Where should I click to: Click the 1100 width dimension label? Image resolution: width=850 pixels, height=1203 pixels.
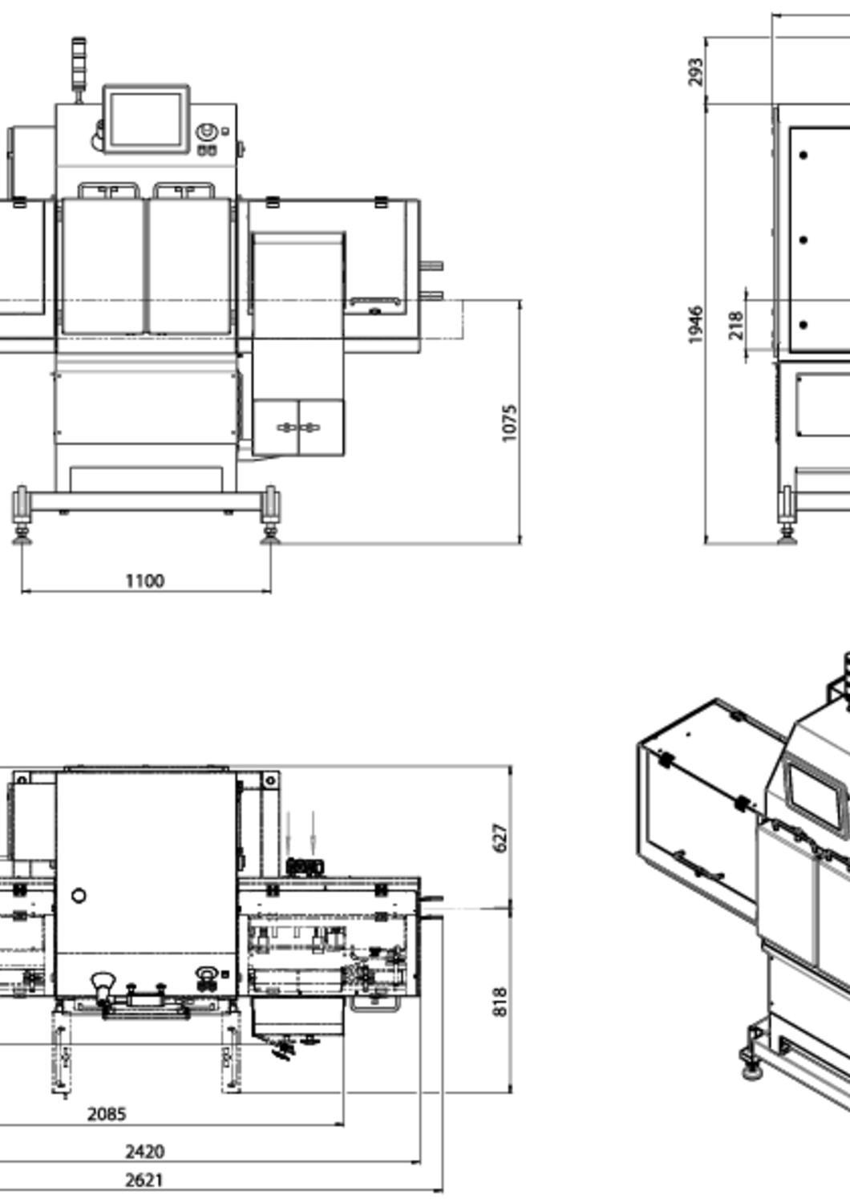pos(145,581)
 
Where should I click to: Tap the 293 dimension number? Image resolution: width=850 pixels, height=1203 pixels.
pos(695,72)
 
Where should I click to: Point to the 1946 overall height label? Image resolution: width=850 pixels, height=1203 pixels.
pos(695,324)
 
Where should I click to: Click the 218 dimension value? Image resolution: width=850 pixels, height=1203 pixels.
pos(736,326)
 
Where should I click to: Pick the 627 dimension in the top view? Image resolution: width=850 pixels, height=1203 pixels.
pos(500,838)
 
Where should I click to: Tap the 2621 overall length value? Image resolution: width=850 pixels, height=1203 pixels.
pos(145,1181)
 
